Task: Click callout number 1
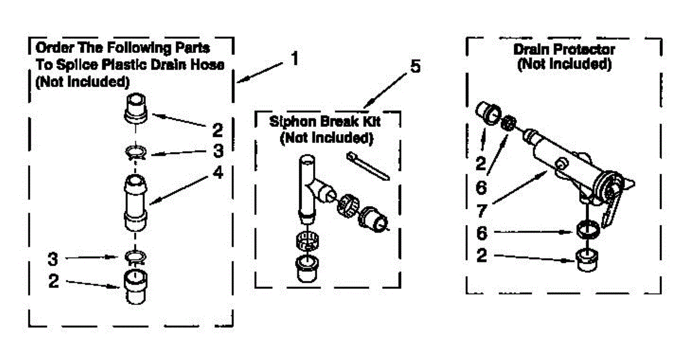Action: [x=294, y=58]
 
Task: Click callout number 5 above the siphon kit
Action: [x=415, y=66]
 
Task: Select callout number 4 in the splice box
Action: [x=218, y=172]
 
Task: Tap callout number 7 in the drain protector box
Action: [x=482, y=211]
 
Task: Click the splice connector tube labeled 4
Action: [x=135, y=203]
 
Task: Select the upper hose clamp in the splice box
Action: [x=136, y=153]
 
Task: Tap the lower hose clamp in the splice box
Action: [x=135, y=257]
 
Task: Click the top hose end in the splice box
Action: [x=136, y=108]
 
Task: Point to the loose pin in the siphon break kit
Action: [x=368, y=166]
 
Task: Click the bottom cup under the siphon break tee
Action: [x=307, y=268]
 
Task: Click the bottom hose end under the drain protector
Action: [x=587, y=260]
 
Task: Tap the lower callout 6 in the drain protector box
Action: [x=482, y=233]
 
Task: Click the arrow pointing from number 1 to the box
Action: [x=260, y=73]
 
